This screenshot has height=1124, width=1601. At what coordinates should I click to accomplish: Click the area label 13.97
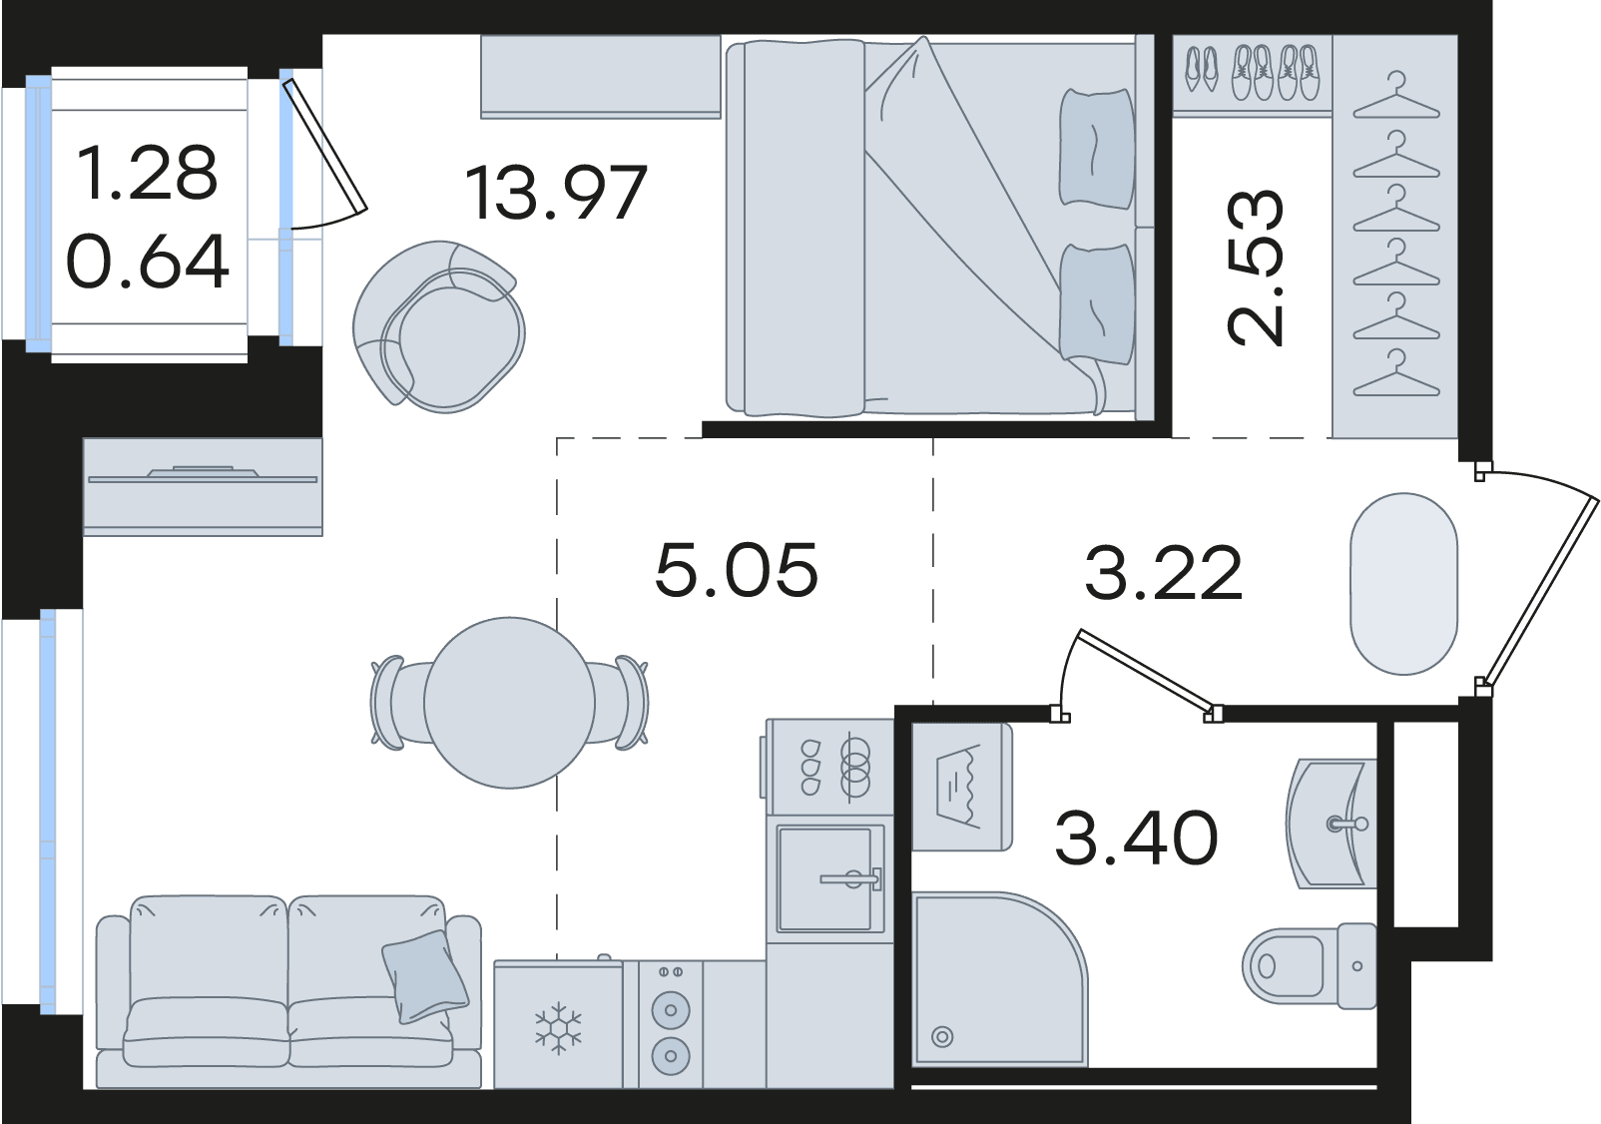[x=556, y=193]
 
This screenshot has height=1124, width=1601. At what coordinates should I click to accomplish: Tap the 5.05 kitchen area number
[x=737, y=569]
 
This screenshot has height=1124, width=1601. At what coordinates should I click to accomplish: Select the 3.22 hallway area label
[x=1164, y=572]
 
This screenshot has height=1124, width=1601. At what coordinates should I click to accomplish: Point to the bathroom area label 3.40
[x=1136, y=838]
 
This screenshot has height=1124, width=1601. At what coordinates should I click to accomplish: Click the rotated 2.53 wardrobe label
[x=1255, y=269]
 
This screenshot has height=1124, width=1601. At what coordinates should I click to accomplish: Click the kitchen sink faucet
[x=851, y=877]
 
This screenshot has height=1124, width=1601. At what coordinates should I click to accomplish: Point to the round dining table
[x=510, y=703]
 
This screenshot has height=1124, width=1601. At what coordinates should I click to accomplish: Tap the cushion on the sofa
[x=424, y=976]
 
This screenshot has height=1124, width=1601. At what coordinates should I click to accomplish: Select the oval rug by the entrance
[x=1403, y=583]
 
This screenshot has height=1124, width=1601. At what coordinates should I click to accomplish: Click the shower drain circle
[x=942, y=1037]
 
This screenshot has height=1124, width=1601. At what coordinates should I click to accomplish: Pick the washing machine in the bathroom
[x=962, y=787]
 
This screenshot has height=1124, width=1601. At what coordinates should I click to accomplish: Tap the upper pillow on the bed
[x=1097, y=149]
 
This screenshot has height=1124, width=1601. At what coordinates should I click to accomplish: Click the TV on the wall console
[x=203, y=476]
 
